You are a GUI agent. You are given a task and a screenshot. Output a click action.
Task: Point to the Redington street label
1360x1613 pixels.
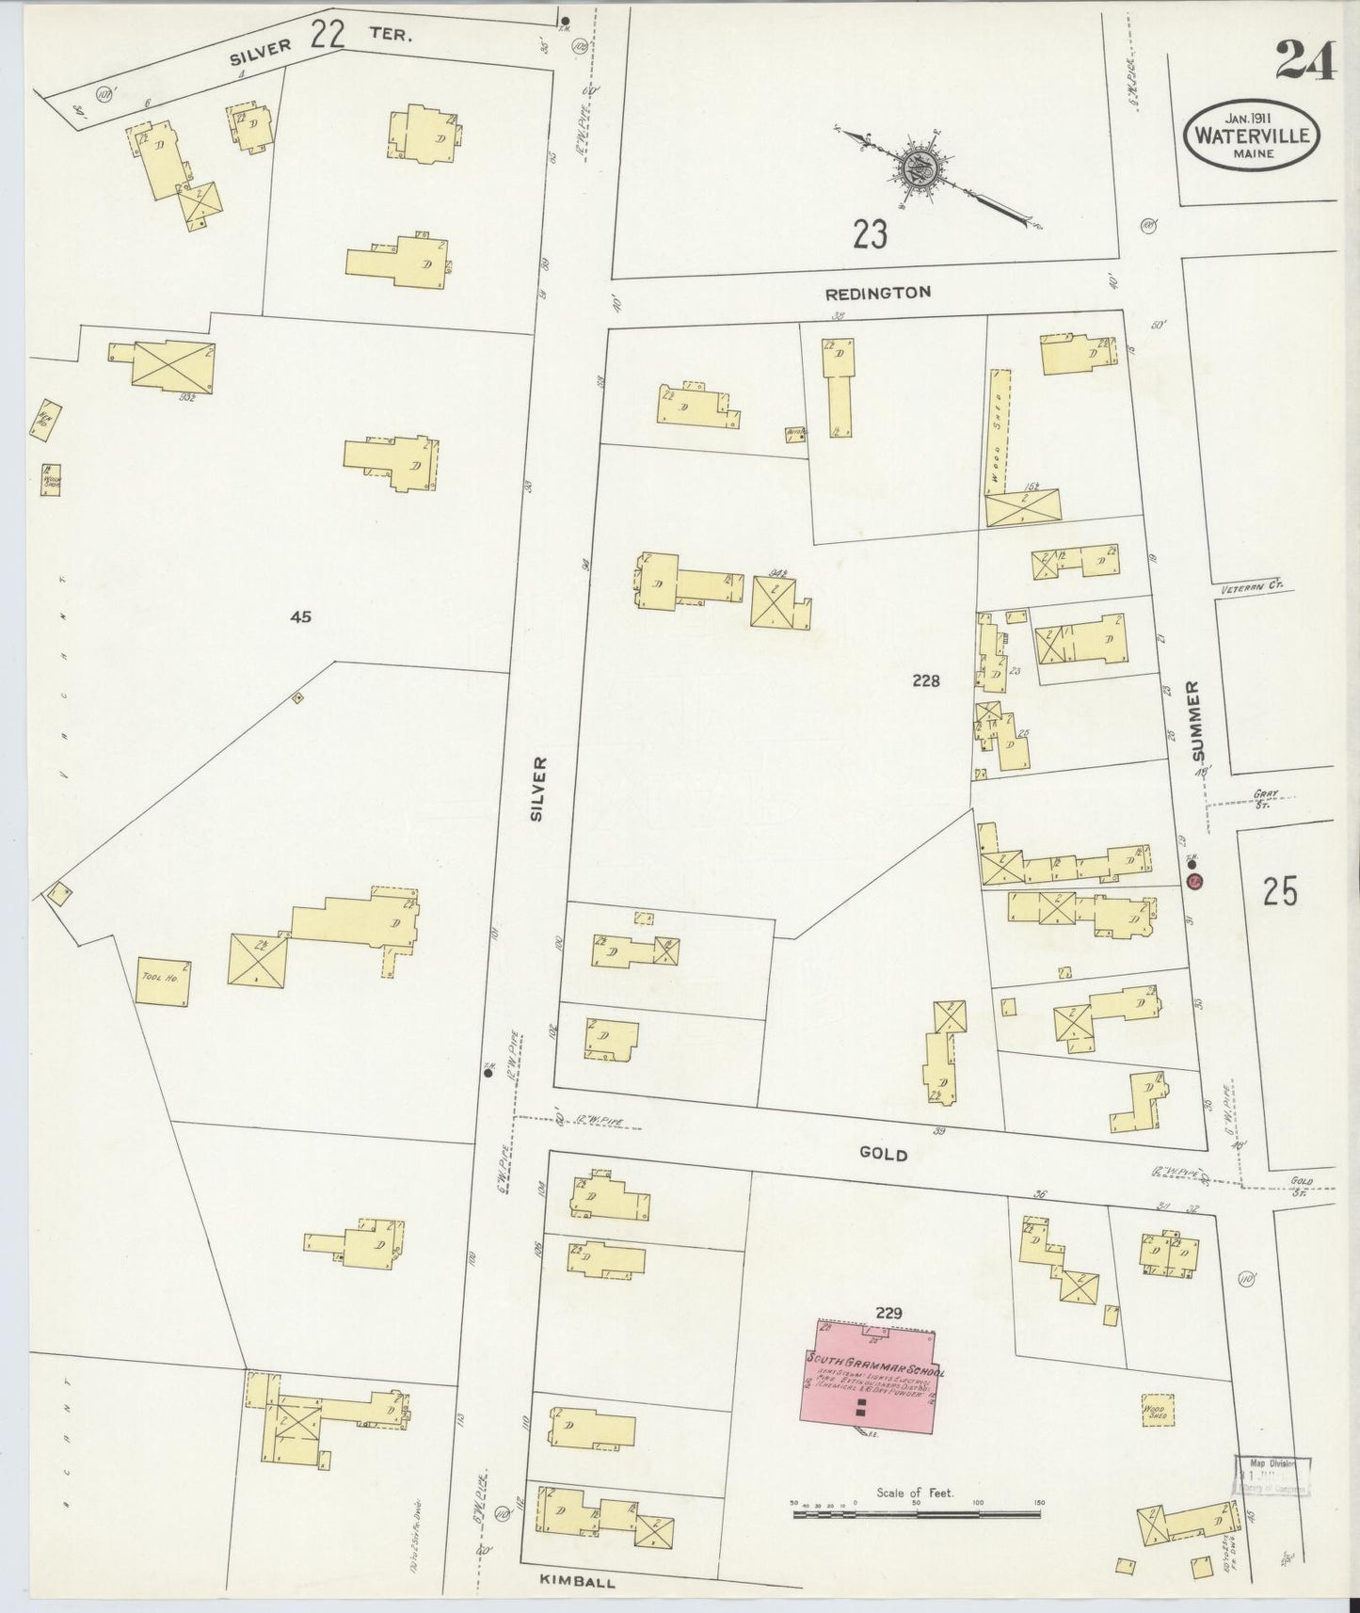[x=877, y=293]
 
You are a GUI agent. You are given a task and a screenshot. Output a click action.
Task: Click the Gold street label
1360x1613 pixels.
[x=882, y=1154]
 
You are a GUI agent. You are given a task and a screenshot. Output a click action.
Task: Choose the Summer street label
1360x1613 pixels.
[x=1196, y=722]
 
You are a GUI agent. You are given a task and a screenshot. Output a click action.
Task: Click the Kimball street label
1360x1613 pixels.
[x=578, y=1582]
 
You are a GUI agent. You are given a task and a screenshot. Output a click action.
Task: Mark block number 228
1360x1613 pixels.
[x=926, y=680]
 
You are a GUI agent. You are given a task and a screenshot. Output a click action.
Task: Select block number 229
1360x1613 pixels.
[x=888, y=1312]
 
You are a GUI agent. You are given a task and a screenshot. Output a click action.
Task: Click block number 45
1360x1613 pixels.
[x=300, y=617]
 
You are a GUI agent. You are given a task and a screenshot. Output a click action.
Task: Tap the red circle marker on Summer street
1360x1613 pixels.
[x=1194, y=882]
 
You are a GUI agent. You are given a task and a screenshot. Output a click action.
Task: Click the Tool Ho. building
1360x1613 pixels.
[x=164, y=982]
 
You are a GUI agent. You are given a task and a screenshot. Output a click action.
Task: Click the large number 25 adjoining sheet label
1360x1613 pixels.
[x=1280, y=890]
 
